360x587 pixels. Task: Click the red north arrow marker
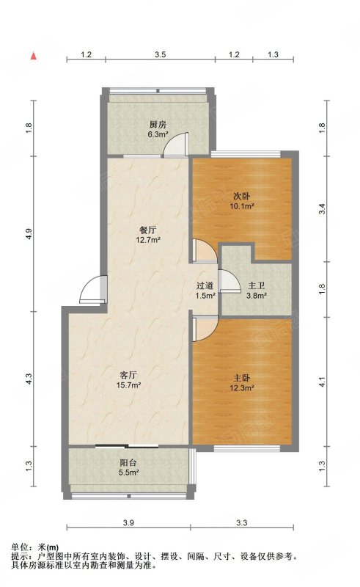pos(34,56)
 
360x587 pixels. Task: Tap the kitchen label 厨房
pos(158,125)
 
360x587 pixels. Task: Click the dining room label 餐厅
pos(148,230)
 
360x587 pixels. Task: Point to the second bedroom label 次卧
pos(242,196)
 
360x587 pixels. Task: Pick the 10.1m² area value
pos(242,206)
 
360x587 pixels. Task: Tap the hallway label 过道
pos(205,285)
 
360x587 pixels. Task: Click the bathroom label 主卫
pos(257,286)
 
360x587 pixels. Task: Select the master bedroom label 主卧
pos(242,378)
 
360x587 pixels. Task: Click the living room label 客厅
pos(128,375)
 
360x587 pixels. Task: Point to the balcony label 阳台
pos(128,463)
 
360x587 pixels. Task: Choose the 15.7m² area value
pos(128,384)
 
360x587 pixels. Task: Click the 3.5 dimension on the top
pos(160,54)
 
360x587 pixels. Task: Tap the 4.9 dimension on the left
pos(29,234)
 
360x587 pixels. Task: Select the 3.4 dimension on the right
pos(322,209)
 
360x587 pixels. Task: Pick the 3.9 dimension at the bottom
pos(128,523)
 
